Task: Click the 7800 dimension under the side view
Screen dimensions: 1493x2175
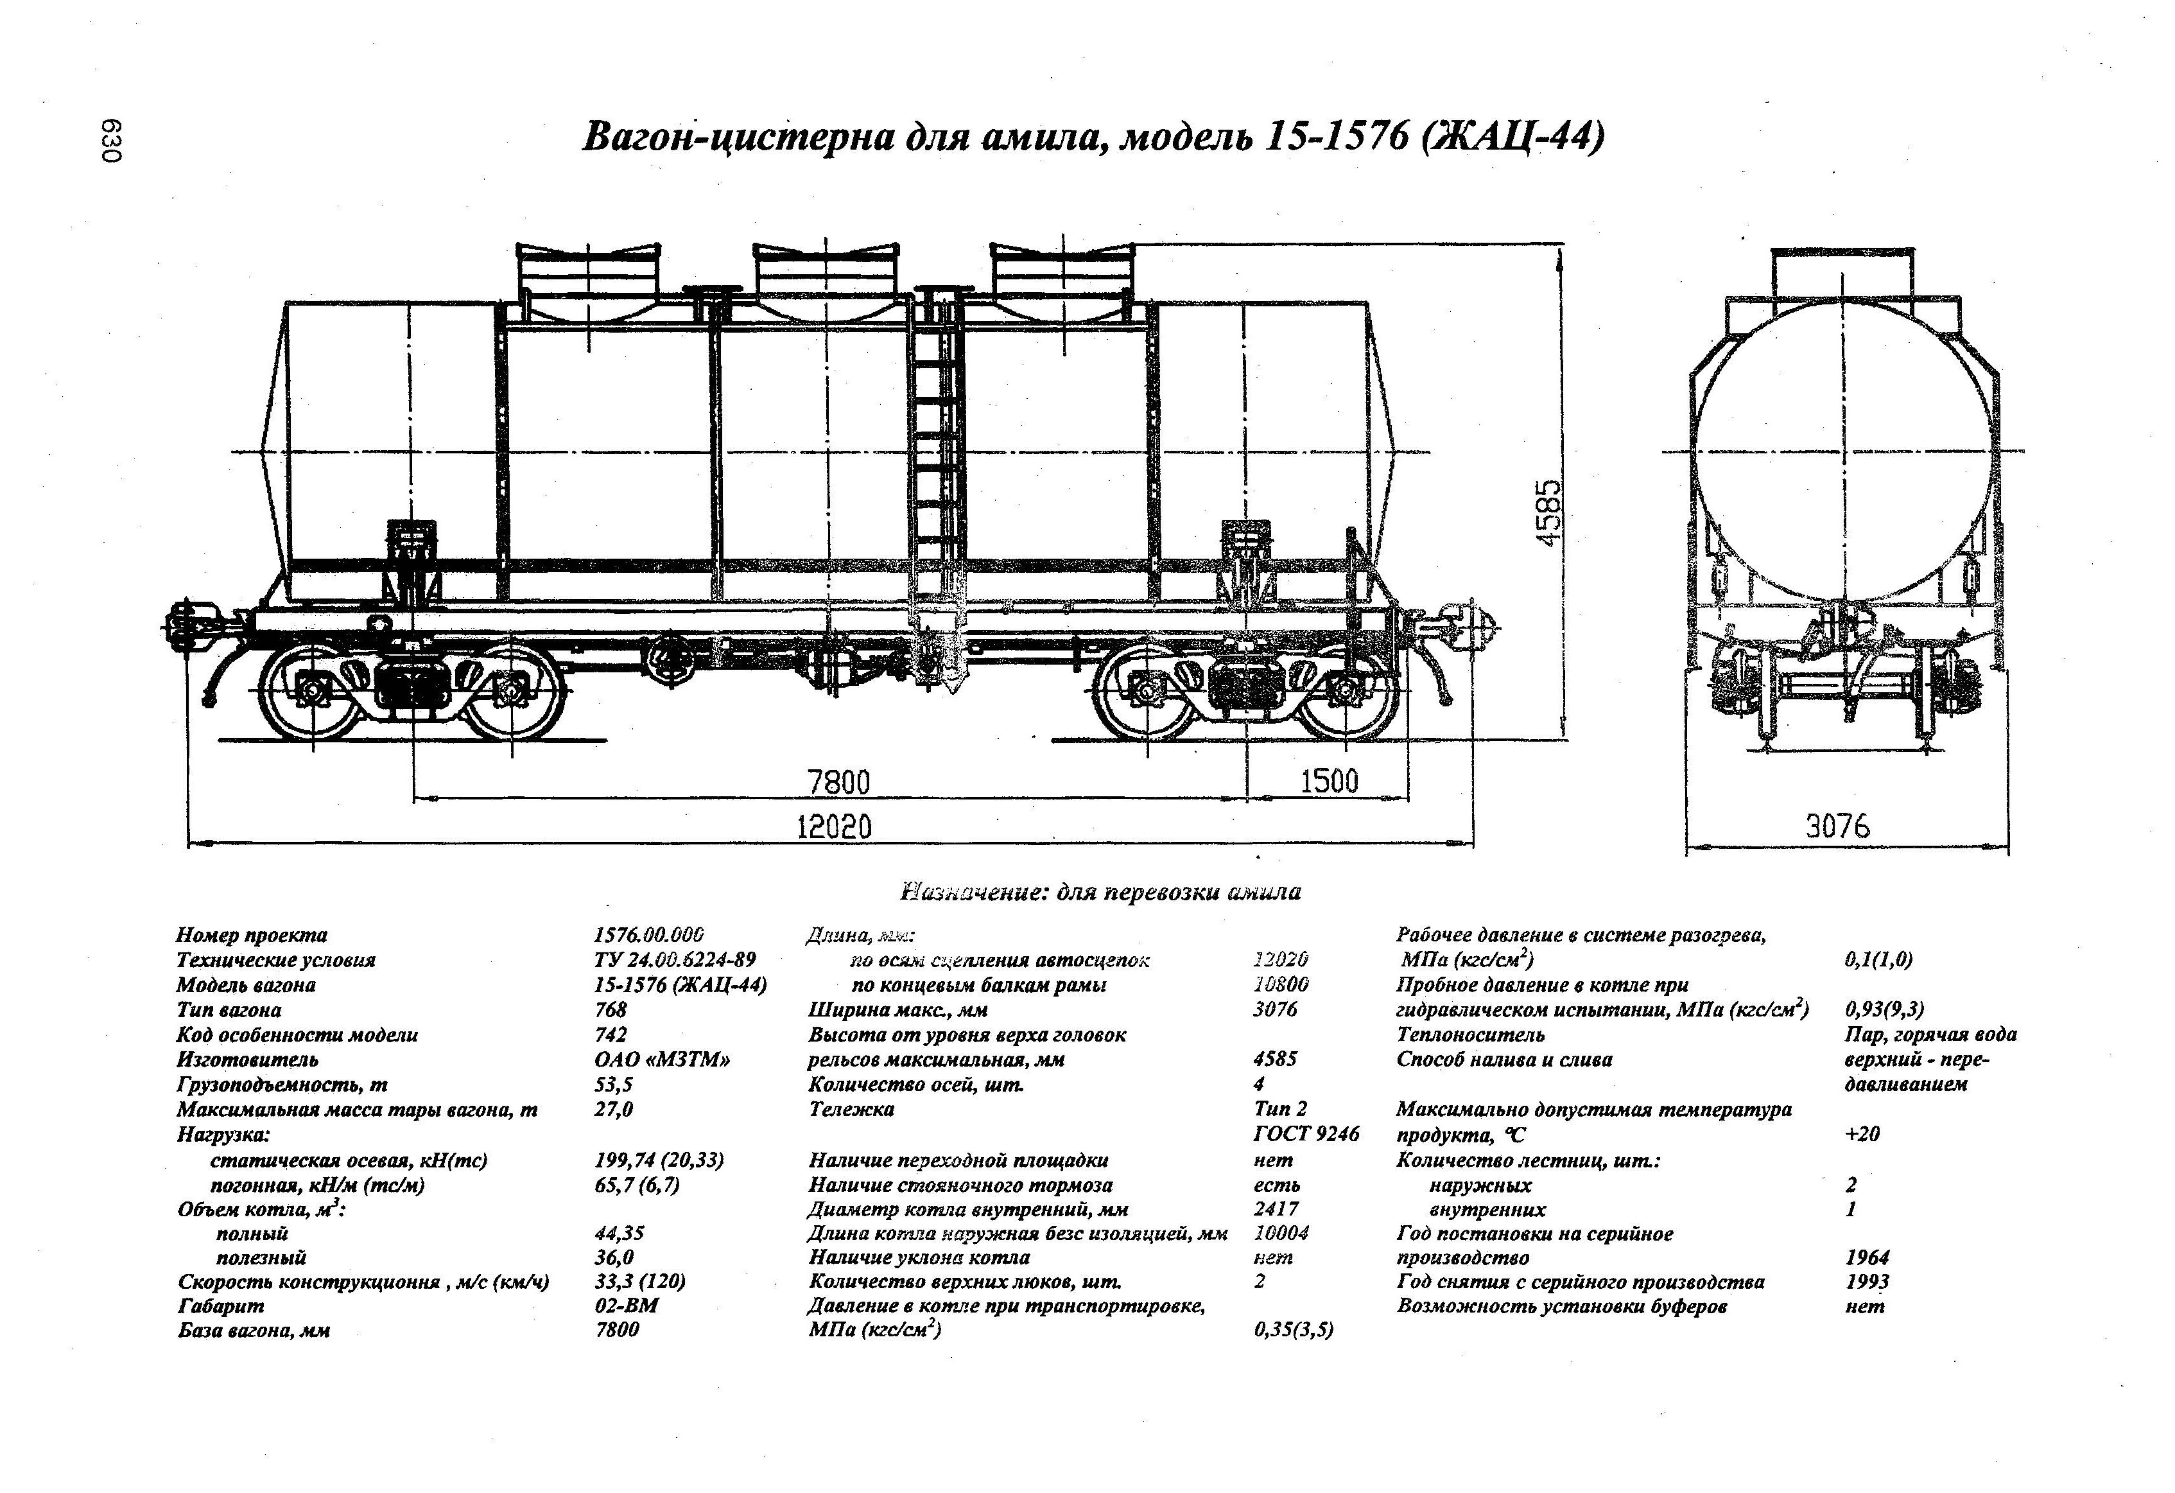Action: (x=838, y=781)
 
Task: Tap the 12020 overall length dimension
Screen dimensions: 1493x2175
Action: (x=834, y=826)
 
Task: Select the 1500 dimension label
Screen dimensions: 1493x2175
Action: (x=1329, y=781)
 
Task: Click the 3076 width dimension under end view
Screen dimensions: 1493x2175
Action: (x=1837, y=826)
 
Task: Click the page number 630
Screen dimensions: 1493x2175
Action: (x=112, y=141)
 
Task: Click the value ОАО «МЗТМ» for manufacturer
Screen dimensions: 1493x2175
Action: (x=662, y=1060)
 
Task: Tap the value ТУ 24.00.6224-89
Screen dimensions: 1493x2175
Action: (x=675, y=959)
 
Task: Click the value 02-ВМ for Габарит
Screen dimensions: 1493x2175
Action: (x=626, y=1305)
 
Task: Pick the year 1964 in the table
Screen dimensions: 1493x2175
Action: (x=1867, y=1257)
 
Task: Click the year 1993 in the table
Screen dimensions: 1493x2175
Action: (x=1867, y=1282)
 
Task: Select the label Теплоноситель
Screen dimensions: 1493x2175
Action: (x=1470, y=1035)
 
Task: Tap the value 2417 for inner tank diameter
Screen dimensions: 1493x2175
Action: (x=1276, y=1209)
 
